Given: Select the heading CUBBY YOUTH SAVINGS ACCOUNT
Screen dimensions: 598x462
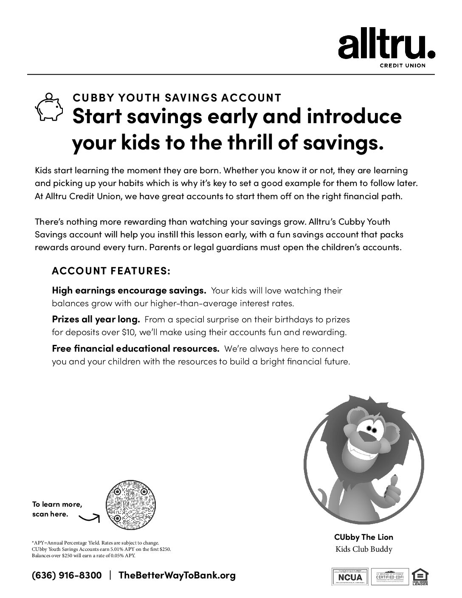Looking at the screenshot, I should [177, 98].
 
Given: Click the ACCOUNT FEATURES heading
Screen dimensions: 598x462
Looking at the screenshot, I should [111, 271].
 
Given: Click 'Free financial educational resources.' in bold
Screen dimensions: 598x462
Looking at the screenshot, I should [135, 349].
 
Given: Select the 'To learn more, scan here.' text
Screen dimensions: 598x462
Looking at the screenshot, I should [57, 509].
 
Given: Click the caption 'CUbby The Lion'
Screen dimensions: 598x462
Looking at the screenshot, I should [363, 537].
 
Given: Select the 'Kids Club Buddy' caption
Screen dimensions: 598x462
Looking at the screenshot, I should [363, 549].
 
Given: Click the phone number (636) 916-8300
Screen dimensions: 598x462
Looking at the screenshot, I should [67, 575].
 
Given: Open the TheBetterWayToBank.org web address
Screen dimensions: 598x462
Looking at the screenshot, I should [176, 575].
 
